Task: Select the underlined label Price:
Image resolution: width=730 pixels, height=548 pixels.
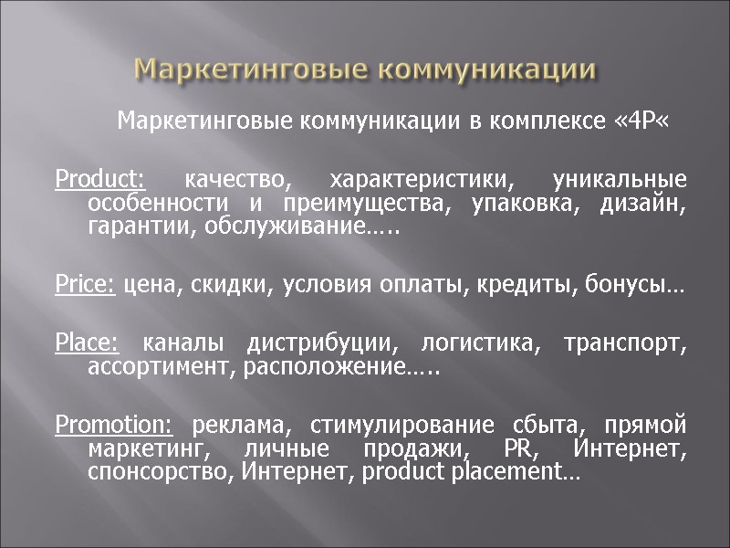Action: pyautogui.click(x=85, y=286)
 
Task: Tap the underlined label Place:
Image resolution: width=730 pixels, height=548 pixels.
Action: pyautogui.click(x=87, y=344)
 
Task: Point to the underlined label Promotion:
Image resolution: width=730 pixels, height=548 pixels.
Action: pyautogui.click(x=113, y=425)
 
